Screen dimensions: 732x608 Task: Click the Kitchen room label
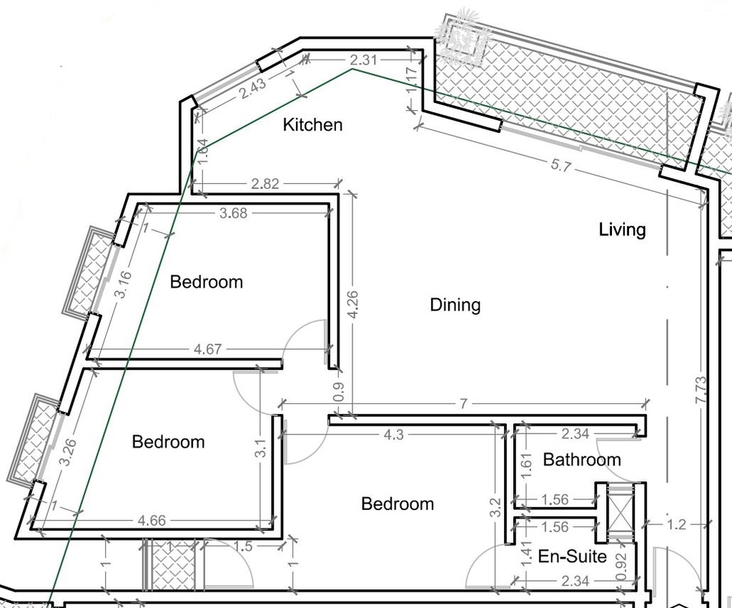coord(313,124)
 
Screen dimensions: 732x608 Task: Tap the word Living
coord(623,230)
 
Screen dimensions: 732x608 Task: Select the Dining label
coord(455,305)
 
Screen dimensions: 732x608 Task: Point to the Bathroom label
coord(582,459)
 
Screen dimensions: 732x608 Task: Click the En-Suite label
coord(573,556)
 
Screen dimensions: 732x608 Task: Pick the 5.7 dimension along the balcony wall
coord(560,165)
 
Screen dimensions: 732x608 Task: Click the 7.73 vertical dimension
coord(701,391)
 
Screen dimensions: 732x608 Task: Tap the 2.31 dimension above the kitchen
coord(363,59)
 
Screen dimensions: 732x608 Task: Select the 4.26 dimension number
coord(353,305)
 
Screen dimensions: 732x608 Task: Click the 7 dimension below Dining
coord(463,403)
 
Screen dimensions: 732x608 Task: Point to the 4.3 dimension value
coord(394,435)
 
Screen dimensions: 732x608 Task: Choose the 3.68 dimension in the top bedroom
coord(234,213)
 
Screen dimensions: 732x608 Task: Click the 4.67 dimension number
coord(208,349)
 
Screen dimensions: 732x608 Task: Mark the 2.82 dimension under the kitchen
coord(265,184)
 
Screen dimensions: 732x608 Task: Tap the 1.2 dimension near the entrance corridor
coord(676,525)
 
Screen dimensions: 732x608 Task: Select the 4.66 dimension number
coord(152,520)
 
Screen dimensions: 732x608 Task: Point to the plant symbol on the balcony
coord(463,36)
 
